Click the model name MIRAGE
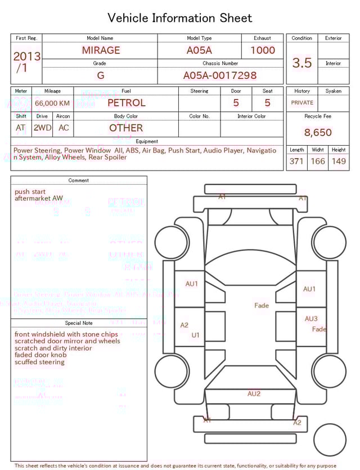101,50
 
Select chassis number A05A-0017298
220,75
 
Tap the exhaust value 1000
263,50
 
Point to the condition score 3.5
302,63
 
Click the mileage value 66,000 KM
52,104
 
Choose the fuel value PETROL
126,103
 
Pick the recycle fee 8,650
318,133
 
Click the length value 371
296,162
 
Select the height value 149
339,162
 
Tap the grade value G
101,75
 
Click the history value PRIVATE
302,103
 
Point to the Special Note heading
79,323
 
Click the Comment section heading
79,181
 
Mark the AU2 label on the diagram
254,394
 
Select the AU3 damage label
311,319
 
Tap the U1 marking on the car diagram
196,335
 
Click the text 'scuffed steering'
39,362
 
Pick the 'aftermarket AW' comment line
39,199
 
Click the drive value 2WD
42,128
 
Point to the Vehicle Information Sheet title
180,18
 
